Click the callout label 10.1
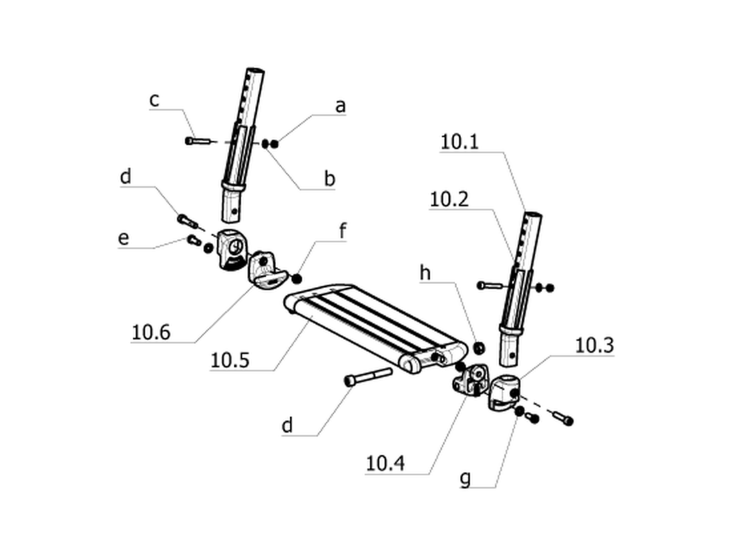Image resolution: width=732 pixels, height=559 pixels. [460, 142]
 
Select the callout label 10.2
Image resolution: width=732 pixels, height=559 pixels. [449, 200]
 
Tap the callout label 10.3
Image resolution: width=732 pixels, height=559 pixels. [594, 345]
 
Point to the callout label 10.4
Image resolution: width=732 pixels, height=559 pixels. [385, 464]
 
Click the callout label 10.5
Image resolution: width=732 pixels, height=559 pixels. [230, 361]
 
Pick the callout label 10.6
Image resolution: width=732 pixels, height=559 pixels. [151, 333]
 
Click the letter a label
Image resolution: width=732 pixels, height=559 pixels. [340, 106]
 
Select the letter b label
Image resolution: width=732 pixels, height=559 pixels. [329, 178]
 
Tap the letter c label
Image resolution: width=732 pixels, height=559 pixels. [154, 100]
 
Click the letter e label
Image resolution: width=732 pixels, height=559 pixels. [124, 239]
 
